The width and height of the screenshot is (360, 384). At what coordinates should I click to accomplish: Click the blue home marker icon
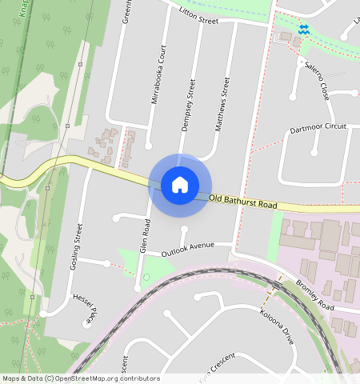[180, 185]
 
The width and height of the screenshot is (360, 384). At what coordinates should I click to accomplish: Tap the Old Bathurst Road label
[243, 202]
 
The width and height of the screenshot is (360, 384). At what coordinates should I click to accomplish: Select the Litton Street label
[198, 15]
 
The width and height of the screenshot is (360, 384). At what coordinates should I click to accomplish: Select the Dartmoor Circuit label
[318, 127]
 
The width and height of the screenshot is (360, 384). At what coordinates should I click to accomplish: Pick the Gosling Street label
[77, 246]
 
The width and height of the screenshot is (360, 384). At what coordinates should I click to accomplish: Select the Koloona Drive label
[277, 326]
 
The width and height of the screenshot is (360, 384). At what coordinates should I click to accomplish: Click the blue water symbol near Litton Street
[303, 30]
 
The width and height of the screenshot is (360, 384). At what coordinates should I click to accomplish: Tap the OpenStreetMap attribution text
[81, 378]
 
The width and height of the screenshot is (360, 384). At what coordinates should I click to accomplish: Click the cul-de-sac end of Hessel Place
[87, 324]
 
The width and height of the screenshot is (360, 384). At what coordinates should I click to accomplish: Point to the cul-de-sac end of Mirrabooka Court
[149, 146]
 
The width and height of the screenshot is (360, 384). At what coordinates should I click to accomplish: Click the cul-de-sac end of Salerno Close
[292, 97]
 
